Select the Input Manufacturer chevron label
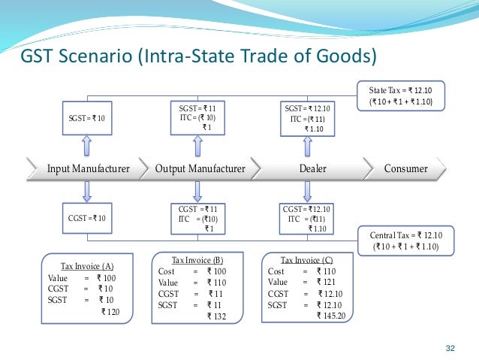pos(88,168)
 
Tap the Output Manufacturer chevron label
pos(200,168)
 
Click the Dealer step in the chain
pos(314,168)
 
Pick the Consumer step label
pos(405,168)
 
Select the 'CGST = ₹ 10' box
pos(89,218)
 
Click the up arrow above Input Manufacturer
pos(89,144)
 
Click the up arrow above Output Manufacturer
pos(197,145)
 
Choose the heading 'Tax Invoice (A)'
pos(86,266)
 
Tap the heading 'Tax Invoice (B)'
pos(197,259)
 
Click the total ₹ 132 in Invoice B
pos(217,316)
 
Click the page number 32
pos(450,347)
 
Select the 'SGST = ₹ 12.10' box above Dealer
pos(308,119)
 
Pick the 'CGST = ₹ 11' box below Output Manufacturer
pos(197,218)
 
